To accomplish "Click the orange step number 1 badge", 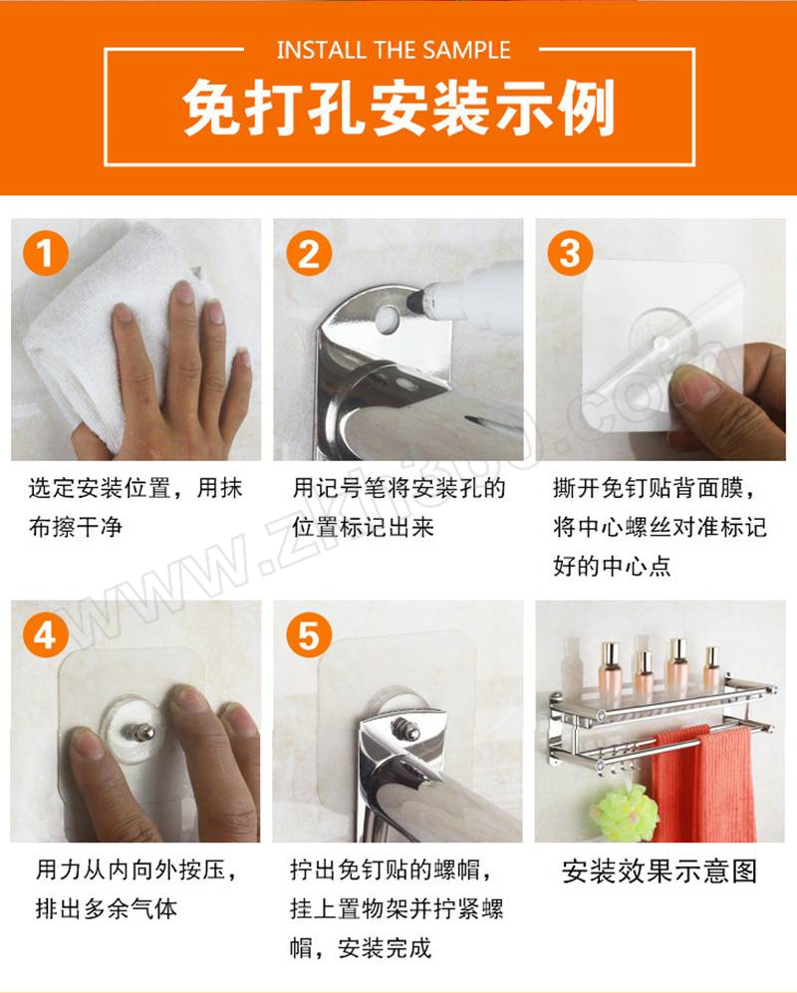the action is pyautogui.click(x=46, y=253).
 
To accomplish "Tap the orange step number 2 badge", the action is pyautogui.click(x=309, y=253).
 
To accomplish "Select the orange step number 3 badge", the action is pyautogui.click(x=570, y=253).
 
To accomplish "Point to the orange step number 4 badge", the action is pyautogui.click(x=46, y=633).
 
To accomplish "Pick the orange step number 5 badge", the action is pyautogui.click(x=309, y=633).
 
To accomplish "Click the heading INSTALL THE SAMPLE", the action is pyautogui.click(x=394, y=50).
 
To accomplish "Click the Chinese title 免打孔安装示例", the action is pyautogui.click(x=399, y=108).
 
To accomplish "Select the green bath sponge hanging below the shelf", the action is pyautogui.click(x=624, y=813).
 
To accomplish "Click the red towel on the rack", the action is pyautogui.click(x=703, y=784).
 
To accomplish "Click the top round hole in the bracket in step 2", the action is pyautogui.click(x=388, y=320).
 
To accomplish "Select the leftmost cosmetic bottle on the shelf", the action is pyautogui.click(x=612, y=666).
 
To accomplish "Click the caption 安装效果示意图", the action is pyautogui.click(x=660, y=871).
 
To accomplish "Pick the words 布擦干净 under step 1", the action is pyautogui.click(x=76, y=526).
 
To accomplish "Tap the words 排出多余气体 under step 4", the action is pyautogui.click(x=107, y=908).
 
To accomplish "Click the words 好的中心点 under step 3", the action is pyautogui.click(x=612, y=565).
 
